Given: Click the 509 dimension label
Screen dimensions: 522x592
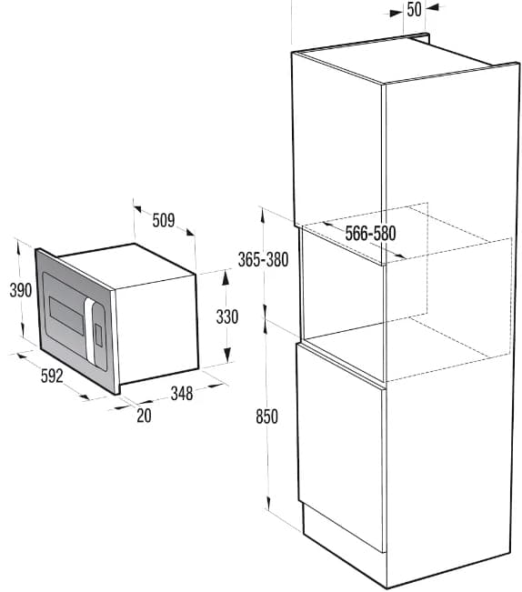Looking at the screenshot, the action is pyautogui.click(x=164, y=220).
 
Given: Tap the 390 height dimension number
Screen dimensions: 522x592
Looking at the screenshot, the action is pyautogui.click(x=21, y=290).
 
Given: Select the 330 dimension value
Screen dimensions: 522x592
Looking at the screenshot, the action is pyautogui.click(x=227, y=316).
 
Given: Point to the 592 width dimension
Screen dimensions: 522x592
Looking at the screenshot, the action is pyautogui.click(x=52, y=376).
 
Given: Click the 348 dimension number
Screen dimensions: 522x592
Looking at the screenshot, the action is pyautogui.click(x=182, y=394).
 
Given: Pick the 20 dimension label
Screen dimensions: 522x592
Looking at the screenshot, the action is pyautogui.click(x=144, y=416).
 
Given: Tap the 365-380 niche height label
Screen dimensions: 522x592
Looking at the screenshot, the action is pyautogui.click(x=263, y=260).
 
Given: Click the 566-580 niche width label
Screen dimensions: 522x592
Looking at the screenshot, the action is pyautogui.click(x=371, y=234).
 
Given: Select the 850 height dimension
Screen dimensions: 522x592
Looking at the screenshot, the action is pyautogui.click(x=266, y=416).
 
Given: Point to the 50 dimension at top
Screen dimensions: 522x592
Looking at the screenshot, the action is pyautogui.click(x=414, y=9).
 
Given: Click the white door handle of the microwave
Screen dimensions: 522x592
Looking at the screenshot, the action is pyautogui.click(x=90, y=328).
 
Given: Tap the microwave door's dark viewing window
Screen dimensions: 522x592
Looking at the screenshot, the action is pyautogui.click(x=65, y=315).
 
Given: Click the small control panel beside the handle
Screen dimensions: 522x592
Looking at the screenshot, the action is pyautogui.click(x=98, y=336).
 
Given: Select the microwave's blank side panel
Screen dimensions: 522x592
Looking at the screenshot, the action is pyautogui.click(x=156, y=327).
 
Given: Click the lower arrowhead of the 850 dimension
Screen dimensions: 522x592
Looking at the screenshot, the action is pyautogui.click(x=269, y=503).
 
